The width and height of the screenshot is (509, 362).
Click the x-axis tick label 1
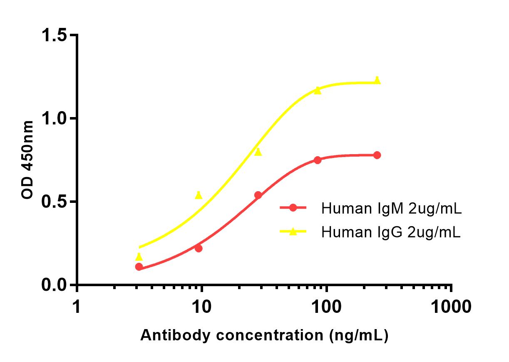(x=77, y=307)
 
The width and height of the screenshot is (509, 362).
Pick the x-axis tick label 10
(x=201, y=307)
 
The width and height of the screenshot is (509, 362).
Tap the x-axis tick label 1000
(x=451, y=307)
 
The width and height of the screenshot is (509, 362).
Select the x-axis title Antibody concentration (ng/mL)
(x=264, y=335)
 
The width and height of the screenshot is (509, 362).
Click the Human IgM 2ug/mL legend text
(x=391, y=209)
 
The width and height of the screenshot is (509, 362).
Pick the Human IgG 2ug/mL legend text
(x=391, y=232)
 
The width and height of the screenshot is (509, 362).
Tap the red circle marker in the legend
(x=293, y=208)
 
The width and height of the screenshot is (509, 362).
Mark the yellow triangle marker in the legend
(x=293, y=231)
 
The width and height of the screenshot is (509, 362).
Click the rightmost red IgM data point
(x=377, y=155)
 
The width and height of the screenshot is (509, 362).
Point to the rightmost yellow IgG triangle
(x=377, y=80)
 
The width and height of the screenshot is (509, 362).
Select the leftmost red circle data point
(x=139, y=267)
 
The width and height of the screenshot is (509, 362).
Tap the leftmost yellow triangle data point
(x=139, y=257)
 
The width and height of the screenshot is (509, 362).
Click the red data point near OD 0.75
(x=318, y=160)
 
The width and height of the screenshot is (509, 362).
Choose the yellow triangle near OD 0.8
(x=258, y=152)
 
